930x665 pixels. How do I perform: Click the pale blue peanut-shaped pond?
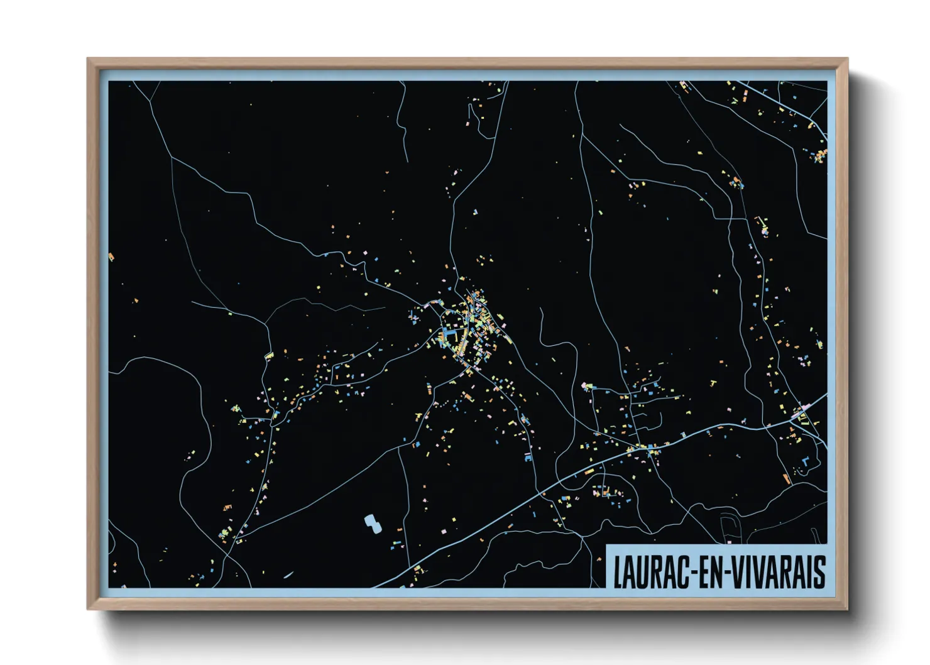tap(372, 523)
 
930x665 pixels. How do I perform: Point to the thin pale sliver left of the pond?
tap(288, 574)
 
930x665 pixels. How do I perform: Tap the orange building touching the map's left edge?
tap(111, 256)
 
